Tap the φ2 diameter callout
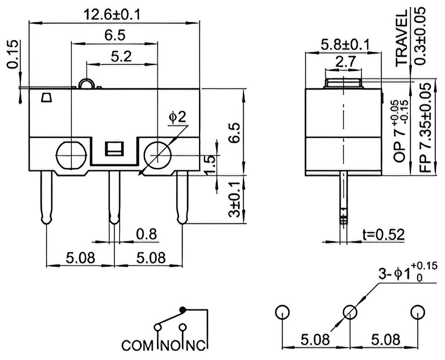click(x=177, y=117)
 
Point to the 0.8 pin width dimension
click(x=146, y=234)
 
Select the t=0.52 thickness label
click(x=384, y=235)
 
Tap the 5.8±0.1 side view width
click(x=345, y=45)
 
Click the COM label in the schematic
click(x=137, y=345)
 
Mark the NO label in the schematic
click(x=170, y=345)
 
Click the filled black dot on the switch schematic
click(x=183, y=309)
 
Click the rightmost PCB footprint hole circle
click(x=418, y=312)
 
